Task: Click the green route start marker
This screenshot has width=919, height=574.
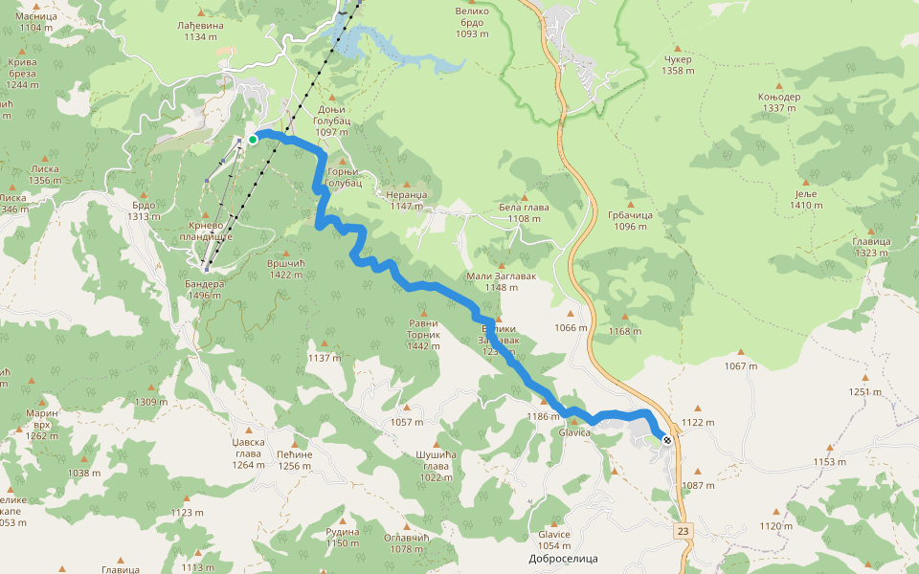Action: pos(253,140)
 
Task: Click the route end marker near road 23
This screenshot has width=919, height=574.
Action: pos(666,440)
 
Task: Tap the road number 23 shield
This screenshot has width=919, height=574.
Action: pos(682,531)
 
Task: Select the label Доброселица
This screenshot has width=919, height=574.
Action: pos(564,558)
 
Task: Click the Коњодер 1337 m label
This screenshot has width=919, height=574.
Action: pos(779,102)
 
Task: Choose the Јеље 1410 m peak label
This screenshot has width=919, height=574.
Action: pos(806,199)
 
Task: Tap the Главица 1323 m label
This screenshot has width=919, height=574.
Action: pos(871,247)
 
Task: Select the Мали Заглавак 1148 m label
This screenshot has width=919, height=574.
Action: pos(501,281)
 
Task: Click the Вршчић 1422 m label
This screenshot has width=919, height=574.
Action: pos(293,269)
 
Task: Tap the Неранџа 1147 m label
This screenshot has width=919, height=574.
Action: pos(406,200)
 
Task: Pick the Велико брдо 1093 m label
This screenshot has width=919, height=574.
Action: pos(472,22)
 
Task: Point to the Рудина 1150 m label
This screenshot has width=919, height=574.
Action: pos(342,538)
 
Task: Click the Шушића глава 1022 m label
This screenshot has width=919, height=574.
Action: pos(436,466)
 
